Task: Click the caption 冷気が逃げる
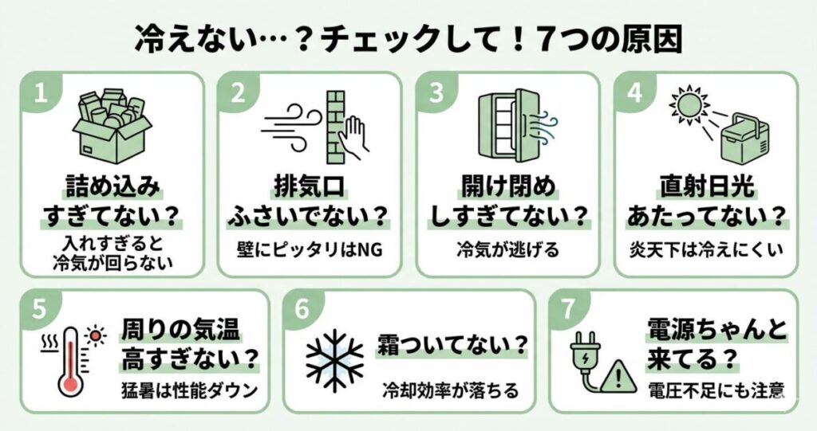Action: click(507, 250)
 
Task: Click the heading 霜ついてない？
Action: click(454, 346)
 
